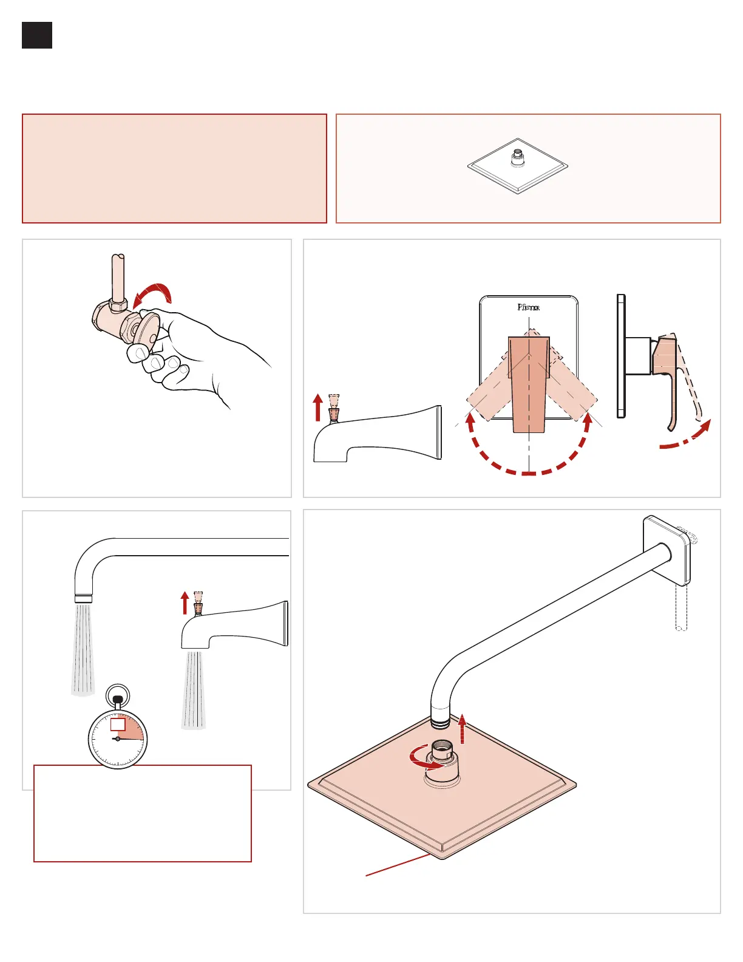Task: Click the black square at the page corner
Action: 37,35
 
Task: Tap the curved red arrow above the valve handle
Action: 154,293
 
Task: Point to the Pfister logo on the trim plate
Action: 528,307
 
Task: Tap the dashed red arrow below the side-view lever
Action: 686,438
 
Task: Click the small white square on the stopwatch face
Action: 118,725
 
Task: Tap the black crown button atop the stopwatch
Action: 118,700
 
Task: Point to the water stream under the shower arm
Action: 83,650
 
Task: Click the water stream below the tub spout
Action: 194,689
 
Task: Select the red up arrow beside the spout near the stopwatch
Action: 185,604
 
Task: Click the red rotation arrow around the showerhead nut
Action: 425,759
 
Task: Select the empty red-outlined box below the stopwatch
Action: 143,814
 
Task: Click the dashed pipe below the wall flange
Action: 681,607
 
